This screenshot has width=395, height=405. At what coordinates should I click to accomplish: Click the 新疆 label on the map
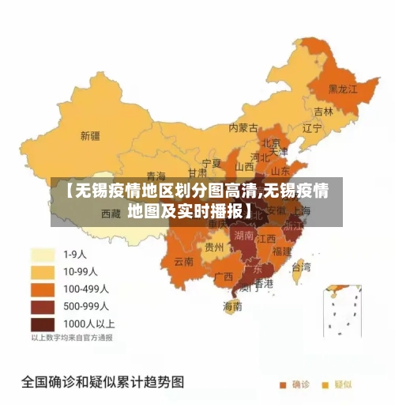(x=90, y=135)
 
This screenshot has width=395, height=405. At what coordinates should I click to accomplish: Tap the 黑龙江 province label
(x=343, y=89)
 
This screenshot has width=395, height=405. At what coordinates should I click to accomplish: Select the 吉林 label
(x=323, y=112)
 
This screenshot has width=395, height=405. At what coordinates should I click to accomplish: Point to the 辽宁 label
(x=311, y=127)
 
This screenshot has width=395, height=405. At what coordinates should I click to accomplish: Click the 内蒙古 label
(x=243, y=127)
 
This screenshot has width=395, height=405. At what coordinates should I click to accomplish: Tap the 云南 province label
(x=184, y=261)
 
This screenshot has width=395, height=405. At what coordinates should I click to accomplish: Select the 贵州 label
(x=214, y=247)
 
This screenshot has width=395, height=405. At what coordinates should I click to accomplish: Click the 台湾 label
(x=301, y=267)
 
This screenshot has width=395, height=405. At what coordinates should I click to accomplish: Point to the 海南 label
(x=232, y=306)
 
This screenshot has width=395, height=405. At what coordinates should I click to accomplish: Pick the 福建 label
(x=281, y=251)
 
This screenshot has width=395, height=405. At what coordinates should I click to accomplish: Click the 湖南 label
(x=243, y=235)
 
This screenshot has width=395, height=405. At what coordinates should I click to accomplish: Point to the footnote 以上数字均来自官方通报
(x=72, y=338)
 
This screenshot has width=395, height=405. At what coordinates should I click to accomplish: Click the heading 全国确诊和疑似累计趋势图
(x=102, y=382)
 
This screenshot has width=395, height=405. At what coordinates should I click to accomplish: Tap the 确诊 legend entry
(x=295, y=384)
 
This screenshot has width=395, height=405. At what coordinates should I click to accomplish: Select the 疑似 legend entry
(x=337, y=384)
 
